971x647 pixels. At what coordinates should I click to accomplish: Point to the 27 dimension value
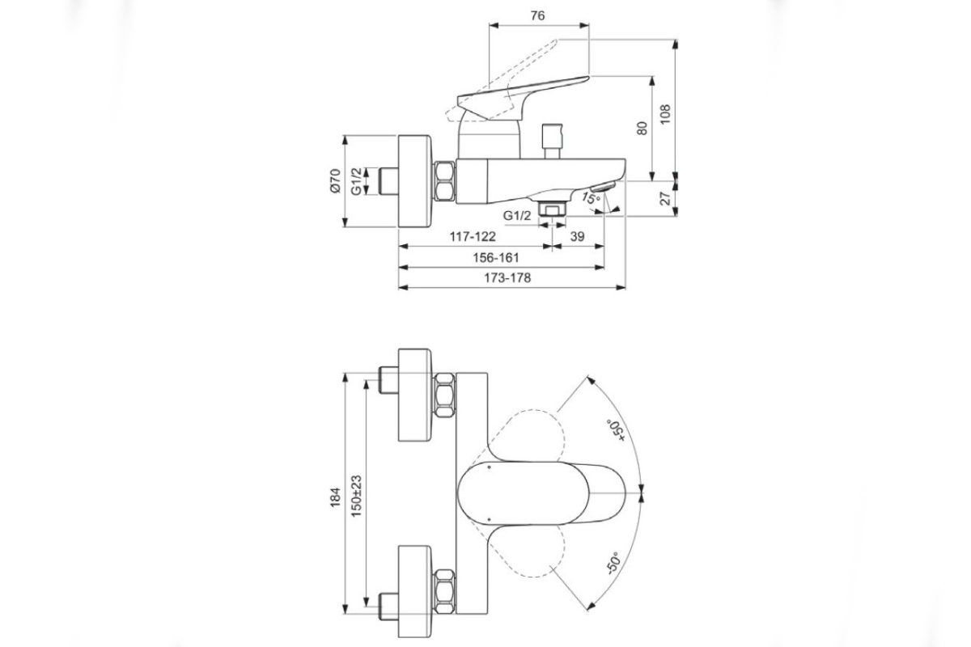click(666, 198)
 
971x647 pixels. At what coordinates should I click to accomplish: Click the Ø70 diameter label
click(334, 181)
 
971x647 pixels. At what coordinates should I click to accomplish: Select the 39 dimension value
click(578, 237)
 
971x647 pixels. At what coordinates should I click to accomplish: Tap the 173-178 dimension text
click(507, 277)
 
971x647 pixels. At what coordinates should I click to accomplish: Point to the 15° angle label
click(591, 197)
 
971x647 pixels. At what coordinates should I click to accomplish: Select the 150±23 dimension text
click(357, 496)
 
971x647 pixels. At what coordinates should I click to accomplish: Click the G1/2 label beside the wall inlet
click(356, 181)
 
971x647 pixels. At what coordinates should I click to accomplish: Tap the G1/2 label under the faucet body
click(517, 216)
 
